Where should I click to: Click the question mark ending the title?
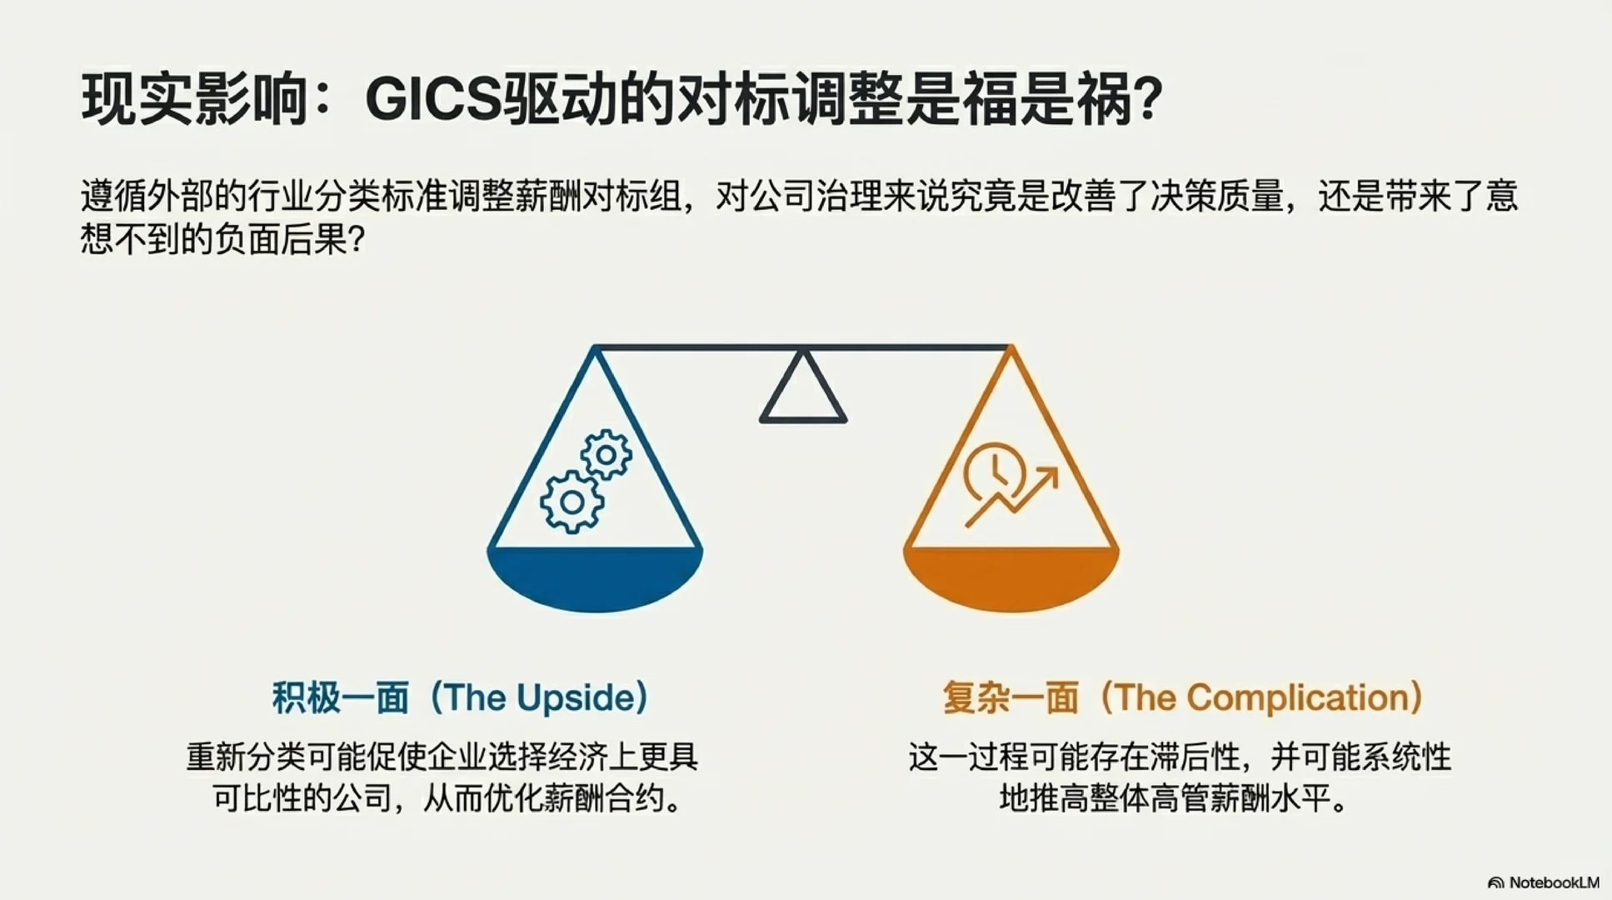click(x=1148, y=100)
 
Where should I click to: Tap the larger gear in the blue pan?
click(x=571, y=502)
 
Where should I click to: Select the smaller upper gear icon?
click(x=606, y=455)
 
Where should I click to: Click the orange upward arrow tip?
click(x=1051, y=473)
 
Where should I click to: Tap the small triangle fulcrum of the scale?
click(x=803, y=389)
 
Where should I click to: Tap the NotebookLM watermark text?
click(x=1554, y=882)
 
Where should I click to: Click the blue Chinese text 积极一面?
click(x=341, y=697)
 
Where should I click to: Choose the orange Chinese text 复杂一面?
click(x=1011, y=697)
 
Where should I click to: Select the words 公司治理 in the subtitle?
click(x=814, y=197)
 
